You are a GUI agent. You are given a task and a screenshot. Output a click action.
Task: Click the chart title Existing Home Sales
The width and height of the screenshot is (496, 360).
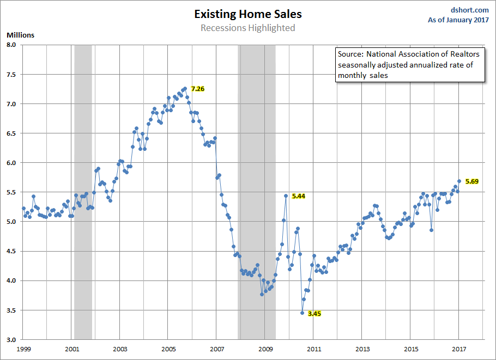(248, 14)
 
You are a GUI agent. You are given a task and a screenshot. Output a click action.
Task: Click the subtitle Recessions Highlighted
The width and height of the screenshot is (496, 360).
(248, 28)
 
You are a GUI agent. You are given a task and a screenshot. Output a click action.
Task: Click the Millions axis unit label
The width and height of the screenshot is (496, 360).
(20, 35)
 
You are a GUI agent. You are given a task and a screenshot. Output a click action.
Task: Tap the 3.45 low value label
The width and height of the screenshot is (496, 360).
(314, 314)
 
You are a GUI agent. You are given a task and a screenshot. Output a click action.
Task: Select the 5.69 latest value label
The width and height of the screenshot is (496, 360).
(471, 181)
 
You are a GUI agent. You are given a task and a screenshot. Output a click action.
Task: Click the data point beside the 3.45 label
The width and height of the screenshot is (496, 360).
(303, 313)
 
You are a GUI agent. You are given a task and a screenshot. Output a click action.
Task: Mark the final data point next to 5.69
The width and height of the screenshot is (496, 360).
(459, 181)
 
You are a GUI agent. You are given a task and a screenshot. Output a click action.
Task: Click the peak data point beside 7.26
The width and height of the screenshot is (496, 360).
(185, 88)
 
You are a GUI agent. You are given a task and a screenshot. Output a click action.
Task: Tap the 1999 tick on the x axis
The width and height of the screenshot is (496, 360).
(23, 349)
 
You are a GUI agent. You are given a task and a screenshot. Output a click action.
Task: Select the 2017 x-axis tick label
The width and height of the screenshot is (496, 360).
(459, 349)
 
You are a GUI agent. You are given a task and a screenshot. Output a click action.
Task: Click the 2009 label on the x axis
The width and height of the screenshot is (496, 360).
(265, 349)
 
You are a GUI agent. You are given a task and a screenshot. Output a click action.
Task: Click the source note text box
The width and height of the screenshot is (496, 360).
(409, 65)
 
